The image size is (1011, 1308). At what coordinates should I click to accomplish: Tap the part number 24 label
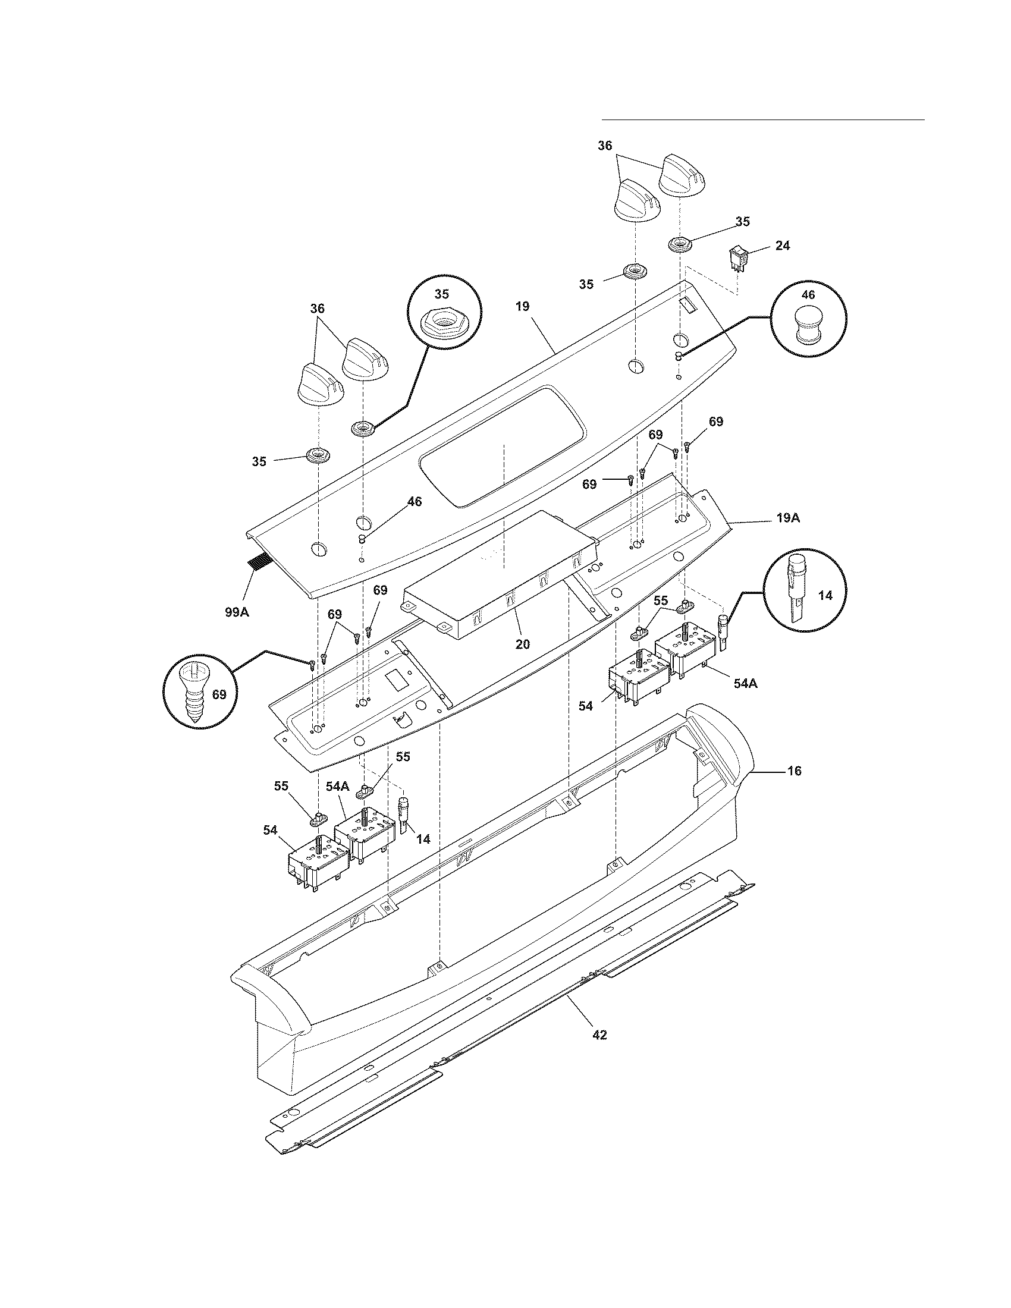pyautogui.click(x=781, y=246)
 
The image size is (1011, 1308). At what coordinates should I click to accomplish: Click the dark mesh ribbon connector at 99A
pyautogui.click(x=259, y=563)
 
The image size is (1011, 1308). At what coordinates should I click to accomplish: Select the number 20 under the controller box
pyautogui.click(x=522, y=644)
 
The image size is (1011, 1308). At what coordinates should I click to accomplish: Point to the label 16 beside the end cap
pyautogui.click(x=793, y=771)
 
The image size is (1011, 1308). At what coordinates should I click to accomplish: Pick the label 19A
pyautogui.click(x=788, y=518)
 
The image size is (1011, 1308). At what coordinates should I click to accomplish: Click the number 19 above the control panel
pyautogui.click(x=522, y=307)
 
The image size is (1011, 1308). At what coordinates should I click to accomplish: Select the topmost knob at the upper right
pyautogui.click(x=684, y=174)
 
